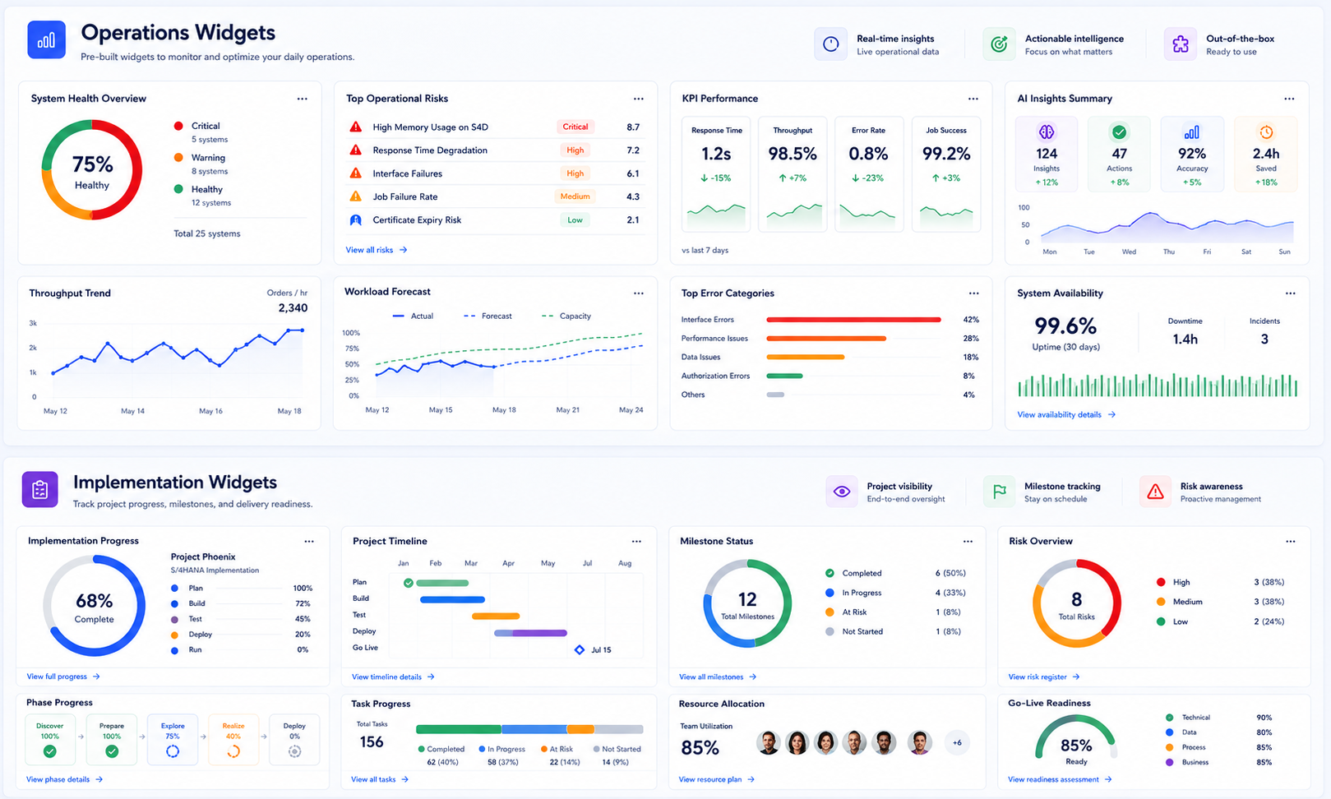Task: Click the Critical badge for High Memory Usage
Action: coord(575,127)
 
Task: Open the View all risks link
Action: coord(377,250)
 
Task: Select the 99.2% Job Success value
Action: coord(946,154)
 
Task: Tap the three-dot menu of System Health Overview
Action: coord(302,99)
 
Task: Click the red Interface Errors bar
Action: coord(853,320)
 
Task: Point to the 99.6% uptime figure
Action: coord(1065,326)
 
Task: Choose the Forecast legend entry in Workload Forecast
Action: coord(488,316)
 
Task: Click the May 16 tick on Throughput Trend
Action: coord(210,411)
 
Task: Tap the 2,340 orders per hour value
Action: coord(293,307)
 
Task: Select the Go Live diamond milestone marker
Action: coord(580,650)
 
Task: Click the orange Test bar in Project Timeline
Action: coord(496,616)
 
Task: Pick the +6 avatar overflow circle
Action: coord(957,742)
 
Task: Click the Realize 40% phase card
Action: coord(233,739)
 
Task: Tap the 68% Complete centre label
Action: coord(94,607)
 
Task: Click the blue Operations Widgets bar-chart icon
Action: coord(46,39)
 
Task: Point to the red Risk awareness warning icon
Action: coord(1155,492)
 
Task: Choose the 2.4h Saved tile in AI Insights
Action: coord(1265,155)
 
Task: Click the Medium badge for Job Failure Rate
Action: coord(575,196)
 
